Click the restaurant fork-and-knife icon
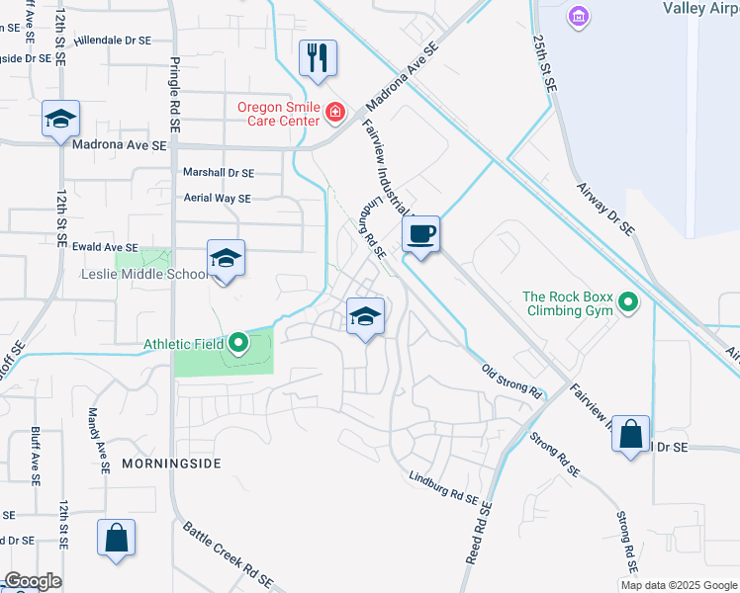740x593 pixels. point(318,58)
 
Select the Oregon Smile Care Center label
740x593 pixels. point(278,114)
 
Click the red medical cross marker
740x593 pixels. point(335,113)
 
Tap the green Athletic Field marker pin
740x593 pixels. point(238,344)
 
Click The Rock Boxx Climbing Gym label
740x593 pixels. point(569,303)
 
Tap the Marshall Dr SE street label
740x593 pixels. point(218,172)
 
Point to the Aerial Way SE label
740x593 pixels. point(217,198)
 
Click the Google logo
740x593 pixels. point(32,581)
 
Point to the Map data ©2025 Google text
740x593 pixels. point(679,585)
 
